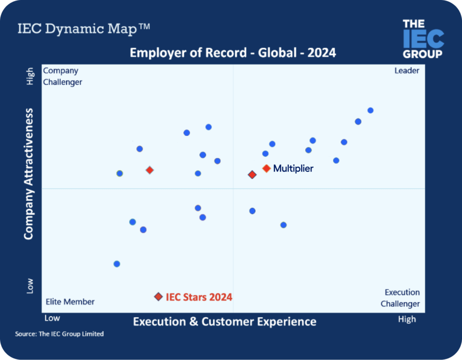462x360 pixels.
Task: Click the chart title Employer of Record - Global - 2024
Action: [233, 53]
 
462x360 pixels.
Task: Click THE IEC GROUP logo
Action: [423, 39]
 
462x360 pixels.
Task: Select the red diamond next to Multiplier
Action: [266, 168]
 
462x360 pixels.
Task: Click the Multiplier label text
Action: [293, 169]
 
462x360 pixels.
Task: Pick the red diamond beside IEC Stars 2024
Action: [158, 296]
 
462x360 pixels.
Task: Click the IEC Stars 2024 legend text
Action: [199, 297]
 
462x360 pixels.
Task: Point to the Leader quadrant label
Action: [407, 71]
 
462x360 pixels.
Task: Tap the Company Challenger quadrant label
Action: [62, 76]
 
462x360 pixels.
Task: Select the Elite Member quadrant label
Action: [70, 302]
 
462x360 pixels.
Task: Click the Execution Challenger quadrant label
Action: [400, 298]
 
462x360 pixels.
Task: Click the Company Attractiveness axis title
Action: [29, 174]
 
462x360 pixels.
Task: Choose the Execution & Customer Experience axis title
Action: [225, 322]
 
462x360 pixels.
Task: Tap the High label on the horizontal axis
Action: [407, 319]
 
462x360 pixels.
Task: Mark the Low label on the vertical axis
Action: [30, 286]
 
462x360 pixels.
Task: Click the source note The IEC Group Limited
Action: [60, 334]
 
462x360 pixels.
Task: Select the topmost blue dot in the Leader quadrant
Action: [370, 110]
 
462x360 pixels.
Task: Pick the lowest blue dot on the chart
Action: [117, 264]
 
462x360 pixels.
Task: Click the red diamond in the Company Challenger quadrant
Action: [150, 170]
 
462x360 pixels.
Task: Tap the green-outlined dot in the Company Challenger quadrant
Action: [120, 173]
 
